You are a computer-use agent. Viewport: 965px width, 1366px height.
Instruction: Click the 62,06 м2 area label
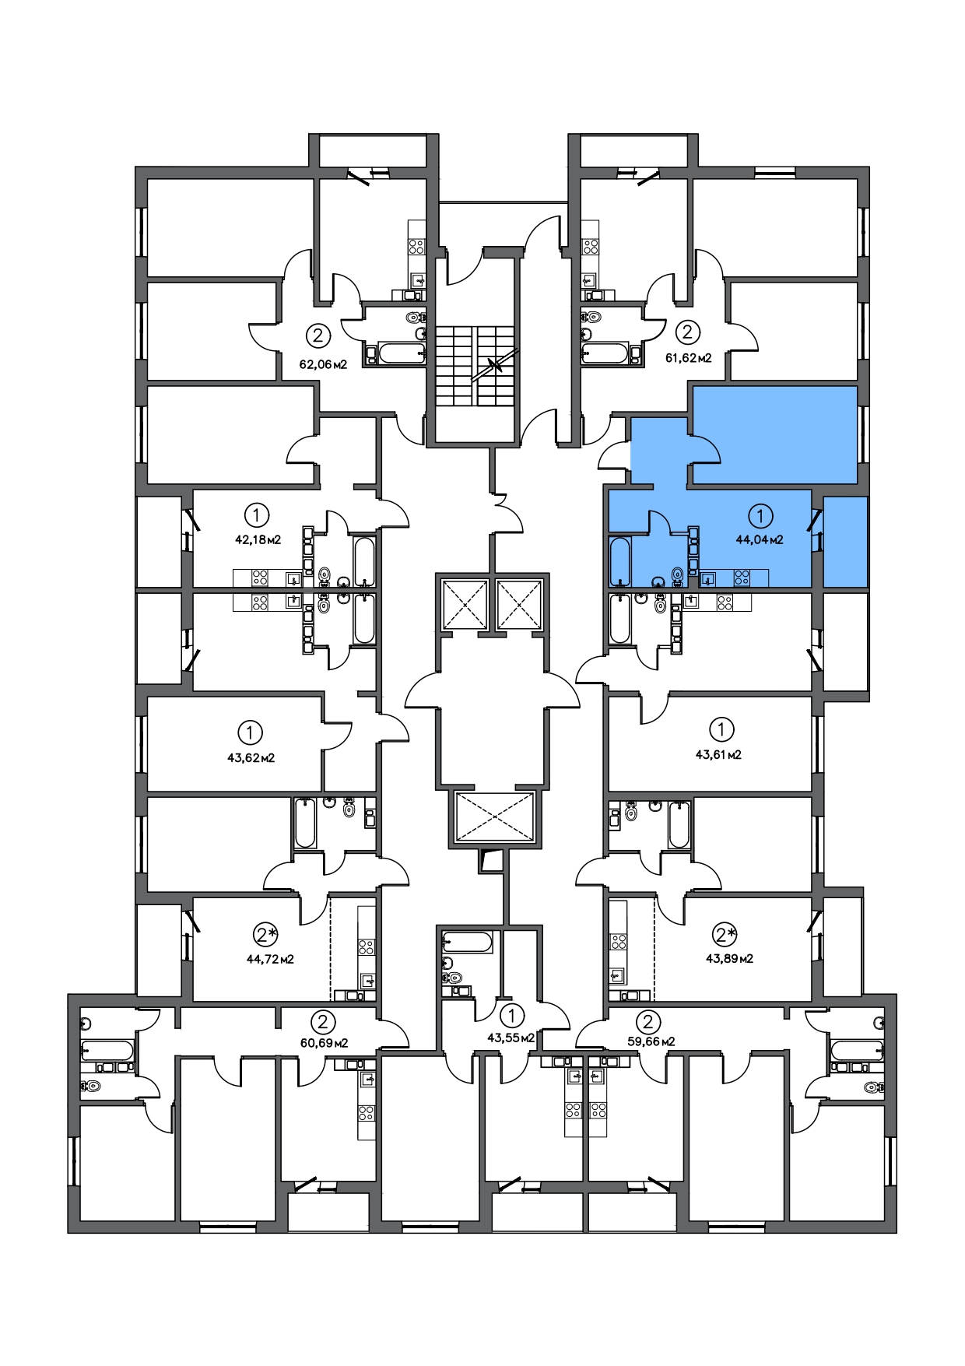coord(323,363)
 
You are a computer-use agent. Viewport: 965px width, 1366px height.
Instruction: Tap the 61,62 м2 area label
coord(688,358)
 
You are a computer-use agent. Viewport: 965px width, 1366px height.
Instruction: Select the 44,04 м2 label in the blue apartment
coord(760,539)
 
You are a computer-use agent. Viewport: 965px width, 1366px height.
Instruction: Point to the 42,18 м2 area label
coord(258,539)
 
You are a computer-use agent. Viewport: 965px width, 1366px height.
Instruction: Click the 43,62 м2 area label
coord(251,757)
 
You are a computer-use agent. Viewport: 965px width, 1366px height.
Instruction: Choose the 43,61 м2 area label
coord(718,754)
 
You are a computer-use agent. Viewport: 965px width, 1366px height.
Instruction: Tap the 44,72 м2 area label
coord(270,959)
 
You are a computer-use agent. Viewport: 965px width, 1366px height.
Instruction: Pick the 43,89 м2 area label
coord(729,958)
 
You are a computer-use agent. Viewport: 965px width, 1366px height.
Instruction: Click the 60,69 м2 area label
coord(324,1043)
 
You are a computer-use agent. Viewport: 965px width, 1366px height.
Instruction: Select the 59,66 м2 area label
coord(651,1041)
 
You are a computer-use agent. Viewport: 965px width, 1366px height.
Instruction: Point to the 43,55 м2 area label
coord(511,1038)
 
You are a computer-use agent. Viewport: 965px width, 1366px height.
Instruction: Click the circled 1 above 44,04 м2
coord(760,515)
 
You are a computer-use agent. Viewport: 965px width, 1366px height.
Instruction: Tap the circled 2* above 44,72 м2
coord(265,934)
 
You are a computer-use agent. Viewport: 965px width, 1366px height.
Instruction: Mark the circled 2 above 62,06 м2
coord(318,335)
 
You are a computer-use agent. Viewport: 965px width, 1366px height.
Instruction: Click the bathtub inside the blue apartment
coord(619,560)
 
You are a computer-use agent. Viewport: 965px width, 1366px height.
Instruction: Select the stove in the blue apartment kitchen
coord(742,578)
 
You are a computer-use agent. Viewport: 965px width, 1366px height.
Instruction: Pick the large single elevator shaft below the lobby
coord(495,816)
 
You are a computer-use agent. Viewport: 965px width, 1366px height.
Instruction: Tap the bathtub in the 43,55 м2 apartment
coord(467,943)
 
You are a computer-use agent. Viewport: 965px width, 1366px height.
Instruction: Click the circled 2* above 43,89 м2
coord(725,934)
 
